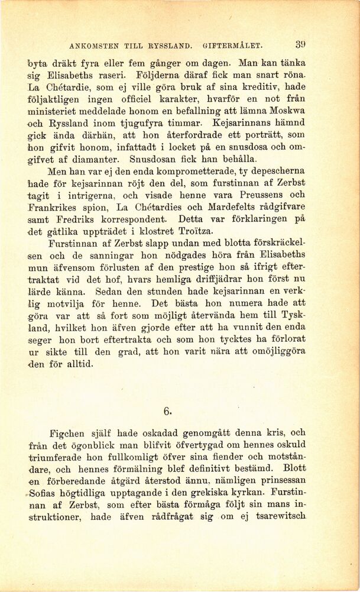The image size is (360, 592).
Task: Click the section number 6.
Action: point(167,412)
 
